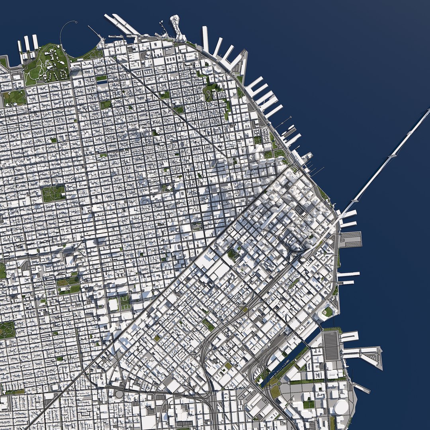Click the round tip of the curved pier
[x=75, y=22]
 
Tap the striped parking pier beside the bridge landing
[x=350, y=239]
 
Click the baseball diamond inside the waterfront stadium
[x=328, y=312]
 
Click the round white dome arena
[x=341, y=407]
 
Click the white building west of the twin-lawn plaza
[x=113, y=305]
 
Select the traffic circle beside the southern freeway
[x=119, y=394]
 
